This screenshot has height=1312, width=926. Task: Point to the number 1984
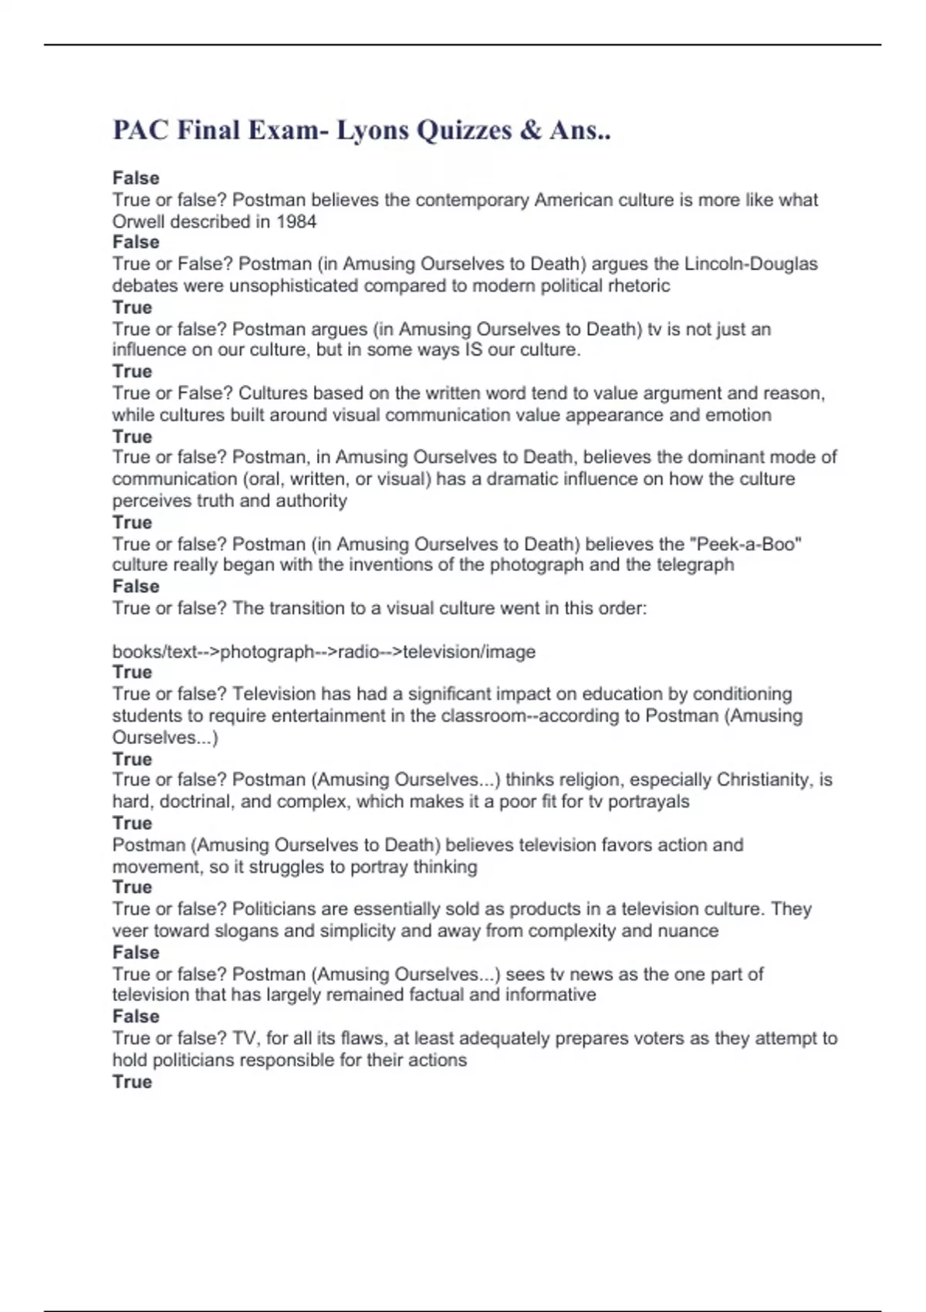pos(296,221)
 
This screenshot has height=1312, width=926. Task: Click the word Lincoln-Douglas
pos(751,264)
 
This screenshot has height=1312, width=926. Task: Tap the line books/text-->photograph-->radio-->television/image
pos(324,651)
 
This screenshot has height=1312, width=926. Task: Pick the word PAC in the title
pos(140,130)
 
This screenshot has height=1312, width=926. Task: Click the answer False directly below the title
pos(136,178)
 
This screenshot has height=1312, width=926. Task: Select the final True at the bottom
pos(132,1081)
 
